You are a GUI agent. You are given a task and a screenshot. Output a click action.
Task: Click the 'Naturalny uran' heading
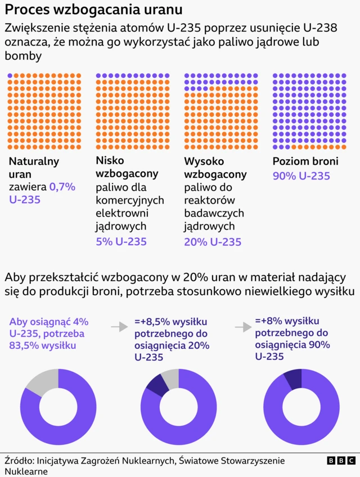coord(34,168)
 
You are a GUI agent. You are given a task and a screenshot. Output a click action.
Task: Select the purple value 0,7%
coord(62,187)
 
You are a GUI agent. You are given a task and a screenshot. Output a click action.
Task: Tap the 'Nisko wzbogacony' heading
coord(127,167)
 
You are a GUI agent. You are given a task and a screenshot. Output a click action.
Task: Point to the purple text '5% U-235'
coord(121,241)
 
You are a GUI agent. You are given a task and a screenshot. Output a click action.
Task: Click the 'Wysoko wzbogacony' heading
coord(215,168)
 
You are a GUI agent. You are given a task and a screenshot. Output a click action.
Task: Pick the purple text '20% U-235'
coord(213,242)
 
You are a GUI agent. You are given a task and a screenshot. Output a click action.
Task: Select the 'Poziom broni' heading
coord(305,161)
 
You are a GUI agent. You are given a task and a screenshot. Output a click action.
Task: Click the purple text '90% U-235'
coord(301,176)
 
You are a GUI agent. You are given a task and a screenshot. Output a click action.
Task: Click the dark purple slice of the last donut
coord(294,379)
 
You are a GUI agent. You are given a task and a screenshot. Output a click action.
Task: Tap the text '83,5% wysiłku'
coord(42,345)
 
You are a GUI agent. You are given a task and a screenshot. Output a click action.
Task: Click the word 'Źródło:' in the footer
coord(20,460)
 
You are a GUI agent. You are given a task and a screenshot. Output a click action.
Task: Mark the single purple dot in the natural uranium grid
coord(11,75)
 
